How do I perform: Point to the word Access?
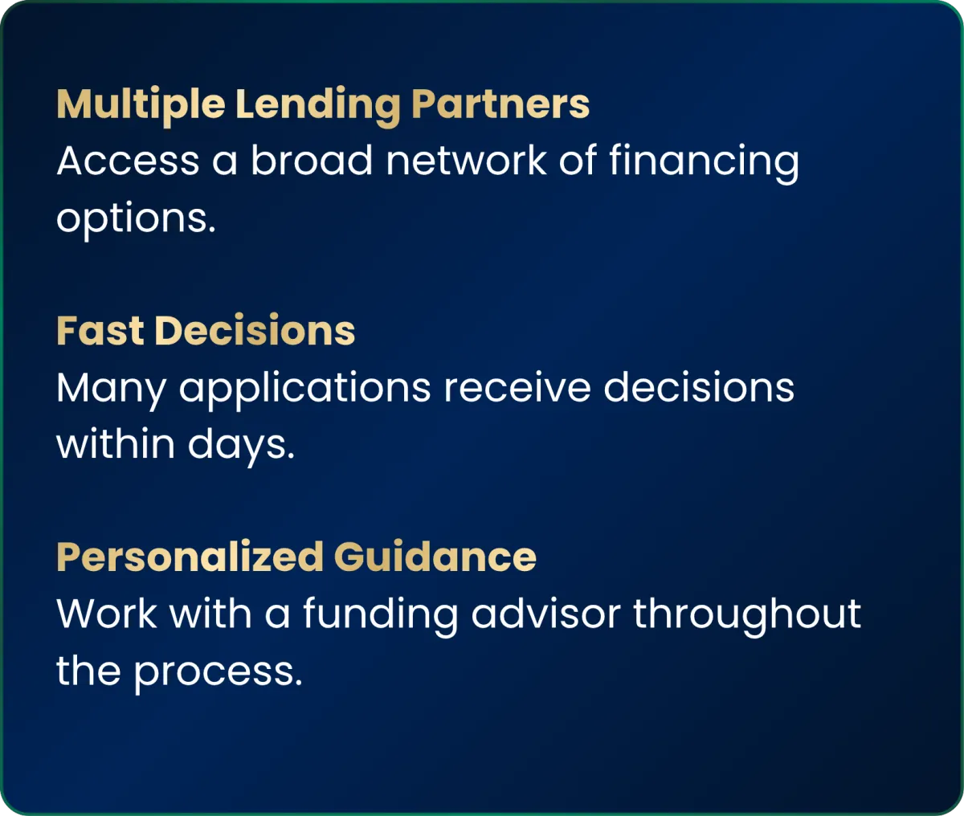128,161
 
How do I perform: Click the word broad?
312,160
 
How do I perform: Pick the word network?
467,160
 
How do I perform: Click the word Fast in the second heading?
100,331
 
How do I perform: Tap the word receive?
517,387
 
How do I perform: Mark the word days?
241,447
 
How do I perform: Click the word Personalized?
190,557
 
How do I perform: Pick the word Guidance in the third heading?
435,557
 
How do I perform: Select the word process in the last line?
219,674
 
